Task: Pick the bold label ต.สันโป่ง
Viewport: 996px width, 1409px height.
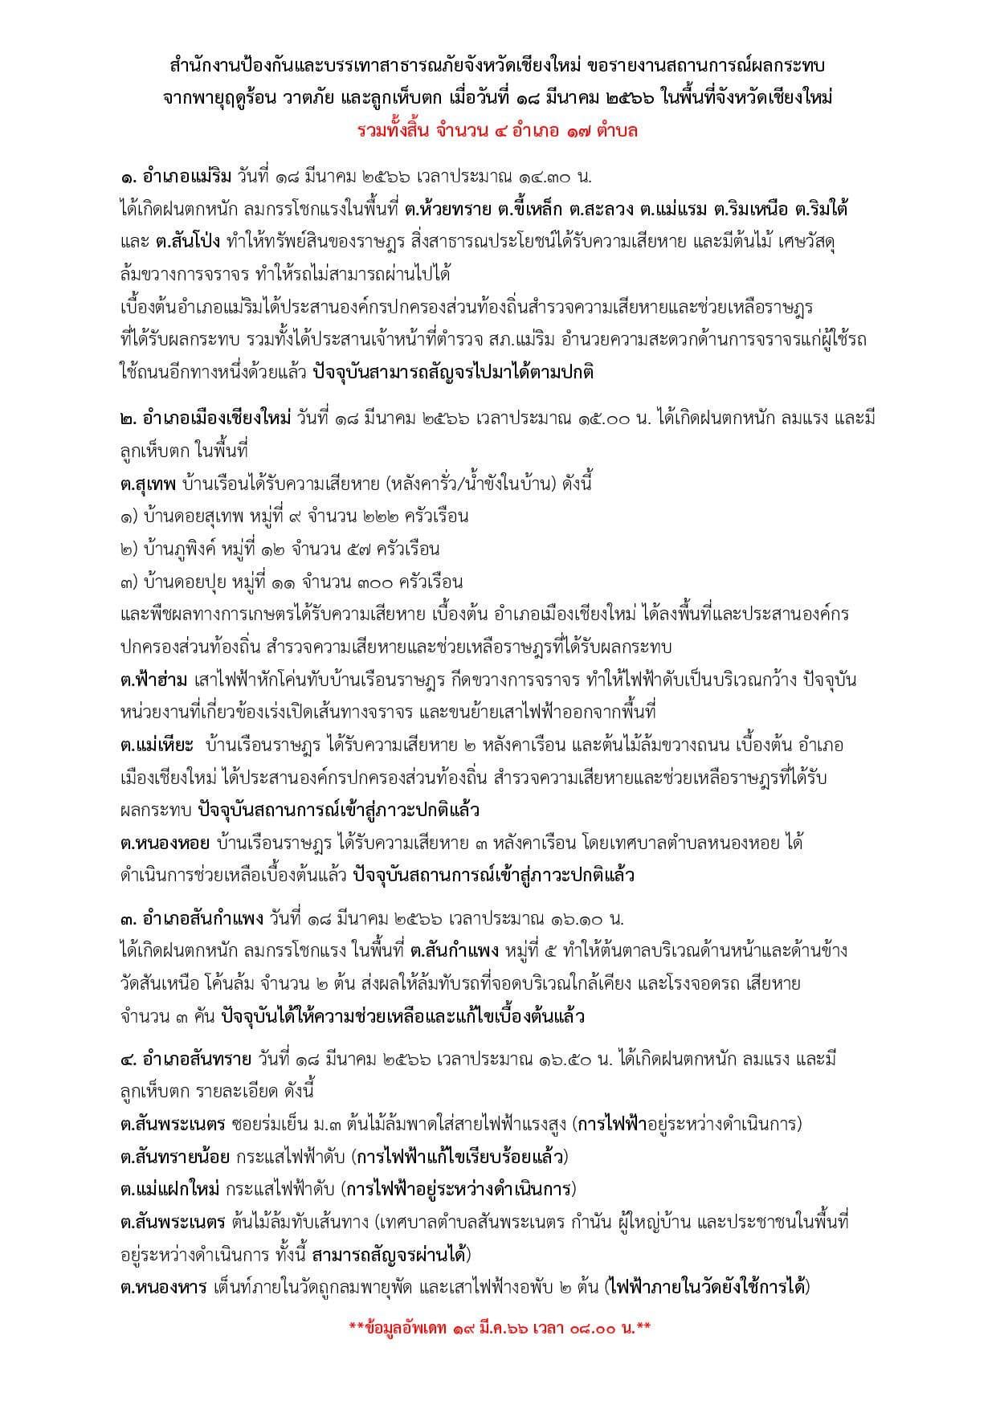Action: point(184,241)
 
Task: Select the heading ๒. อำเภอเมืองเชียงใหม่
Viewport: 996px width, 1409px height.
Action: point(204,418)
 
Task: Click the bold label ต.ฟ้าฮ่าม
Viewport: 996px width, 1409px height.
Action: point(153,680)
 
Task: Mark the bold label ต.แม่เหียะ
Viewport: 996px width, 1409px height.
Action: point(156,745)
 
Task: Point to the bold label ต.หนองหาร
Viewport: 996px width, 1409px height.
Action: point(161,1287)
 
